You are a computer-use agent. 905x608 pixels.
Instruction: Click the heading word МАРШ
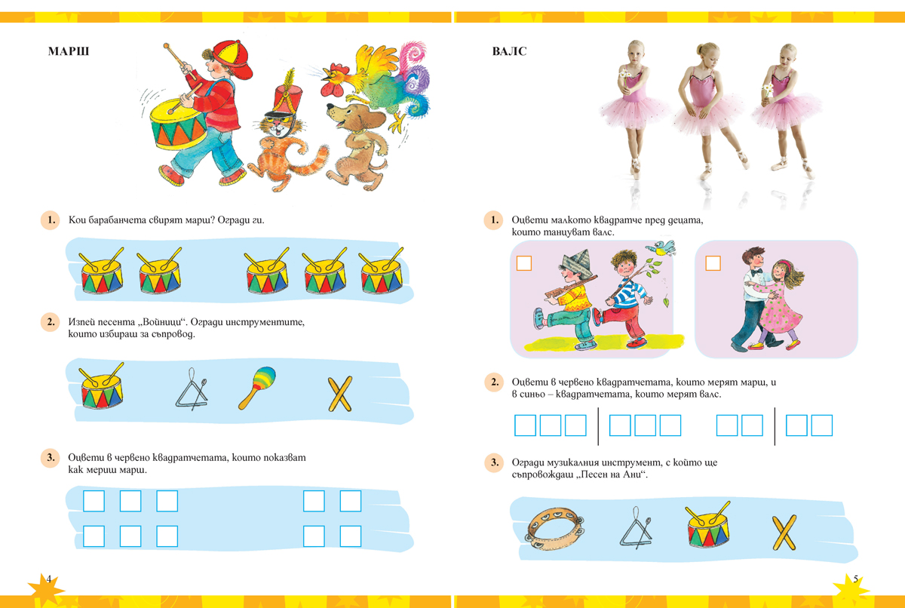point(69,51)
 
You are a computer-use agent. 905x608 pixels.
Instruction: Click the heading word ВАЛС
point(510,51)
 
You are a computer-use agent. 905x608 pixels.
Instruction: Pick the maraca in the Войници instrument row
point(257,388)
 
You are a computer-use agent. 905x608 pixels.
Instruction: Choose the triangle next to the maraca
point(192,388)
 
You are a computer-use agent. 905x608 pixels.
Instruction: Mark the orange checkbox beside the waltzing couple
point(713,263)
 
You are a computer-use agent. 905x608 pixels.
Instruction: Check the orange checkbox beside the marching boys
point(524,263)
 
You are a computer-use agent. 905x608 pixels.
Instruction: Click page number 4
point(49,579)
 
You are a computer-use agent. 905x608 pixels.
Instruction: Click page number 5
point(856,579)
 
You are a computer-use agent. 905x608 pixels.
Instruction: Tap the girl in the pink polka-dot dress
point(779,305)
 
